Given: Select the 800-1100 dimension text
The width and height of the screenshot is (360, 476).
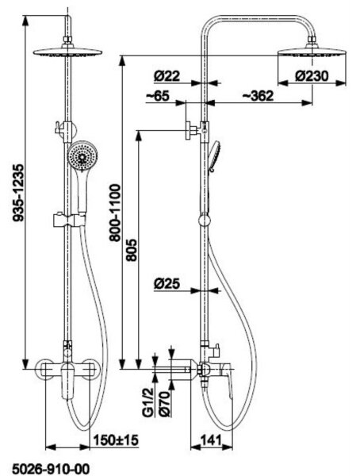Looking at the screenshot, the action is pyautogui.click(x=115, y=213).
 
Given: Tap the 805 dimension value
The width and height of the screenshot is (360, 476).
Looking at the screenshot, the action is pyautogui.click(x=132, y=250).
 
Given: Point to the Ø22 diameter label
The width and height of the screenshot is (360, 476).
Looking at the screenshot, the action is pyautogui.click(x=167, y=76).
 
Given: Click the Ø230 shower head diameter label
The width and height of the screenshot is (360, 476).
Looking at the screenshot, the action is pyautogui.click(x=312, y=76).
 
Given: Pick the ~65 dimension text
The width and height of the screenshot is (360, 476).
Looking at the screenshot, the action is pyautogui.click(x=158, y=96).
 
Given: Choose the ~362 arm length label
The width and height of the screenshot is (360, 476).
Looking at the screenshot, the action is pyautogui.click(x=258, y=96).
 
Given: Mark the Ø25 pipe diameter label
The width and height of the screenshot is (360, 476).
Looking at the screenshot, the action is pyautogui.click(x=167, y=284).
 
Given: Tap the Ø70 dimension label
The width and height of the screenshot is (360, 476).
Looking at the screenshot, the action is pyautogui.click(x=165, y=404).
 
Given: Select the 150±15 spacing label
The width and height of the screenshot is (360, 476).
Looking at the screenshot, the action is pyautogui.click(x=116, y=440).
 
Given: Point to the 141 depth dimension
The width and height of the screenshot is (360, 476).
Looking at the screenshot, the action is pyautogui.click(x=211, y=440).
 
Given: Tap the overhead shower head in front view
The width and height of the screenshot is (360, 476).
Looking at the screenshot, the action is pyautogui.click(x=67, y=52).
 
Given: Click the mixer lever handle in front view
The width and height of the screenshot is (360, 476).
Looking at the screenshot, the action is pyautogui.click(x=68, y=382).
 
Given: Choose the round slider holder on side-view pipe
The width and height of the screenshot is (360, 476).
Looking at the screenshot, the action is pyautogui.click(x=204, y=221).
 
